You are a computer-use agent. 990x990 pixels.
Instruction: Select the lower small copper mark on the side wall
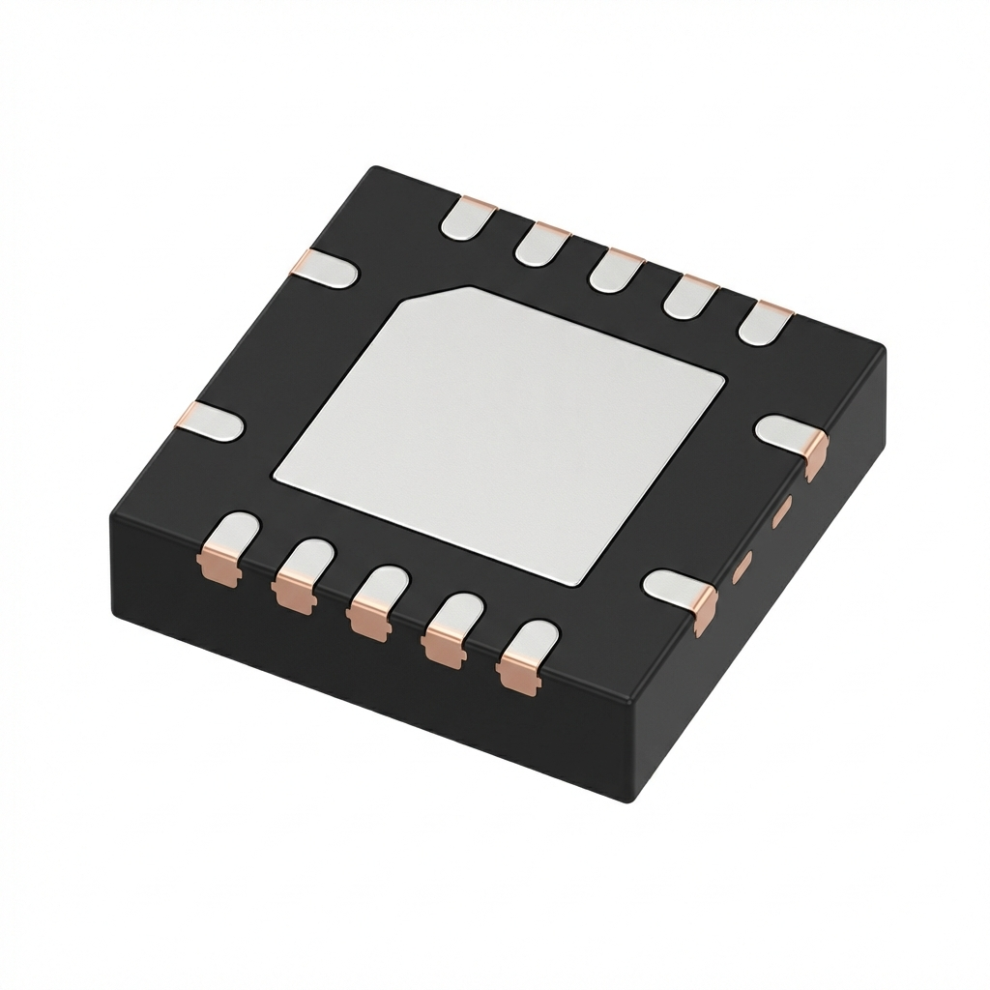[x=742, y=568]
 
